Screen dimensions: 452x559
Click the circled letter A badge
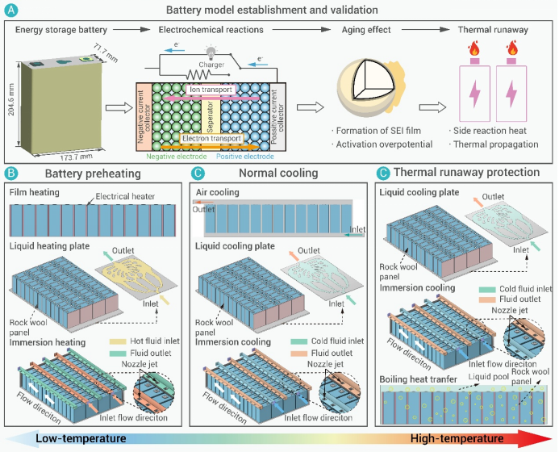coord(10,11)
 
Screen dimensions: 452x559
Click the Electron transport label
coord(211,139)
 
